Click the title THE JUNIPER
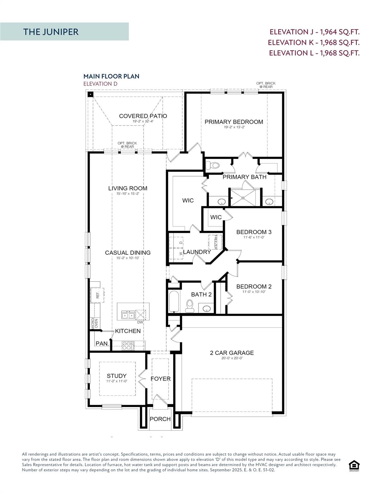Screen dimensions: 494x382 coord(51,32)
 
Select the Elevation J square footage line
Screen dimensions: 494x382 coord(314,32)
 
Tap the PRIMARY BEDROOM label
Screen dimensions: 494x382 coord(234,122)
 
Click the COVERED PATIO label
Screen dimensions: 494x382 coord(143,116)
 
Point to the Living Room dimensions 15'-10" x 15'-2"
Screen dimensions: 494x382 coord(127,194)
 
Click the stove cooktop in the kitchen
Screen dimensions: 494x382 coord(128,346)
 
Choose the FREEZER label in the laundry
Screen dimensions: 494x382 coord(215,242)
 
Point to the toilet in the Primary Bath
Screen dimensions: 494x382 coord(212,166)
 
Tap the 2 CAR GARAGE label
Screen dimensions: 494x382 coord(232,353)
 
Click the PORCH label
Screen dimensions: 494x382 coord(160,419)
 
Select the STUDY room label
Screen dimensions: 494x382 coord(116,376)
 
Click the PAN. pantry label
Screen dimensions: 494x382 coord(102,343)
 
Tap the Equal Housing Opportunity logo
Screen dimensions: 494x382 coord(354,466)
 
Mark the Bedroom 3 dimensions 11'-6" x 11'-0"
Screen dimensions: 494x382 coord(254,237)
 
